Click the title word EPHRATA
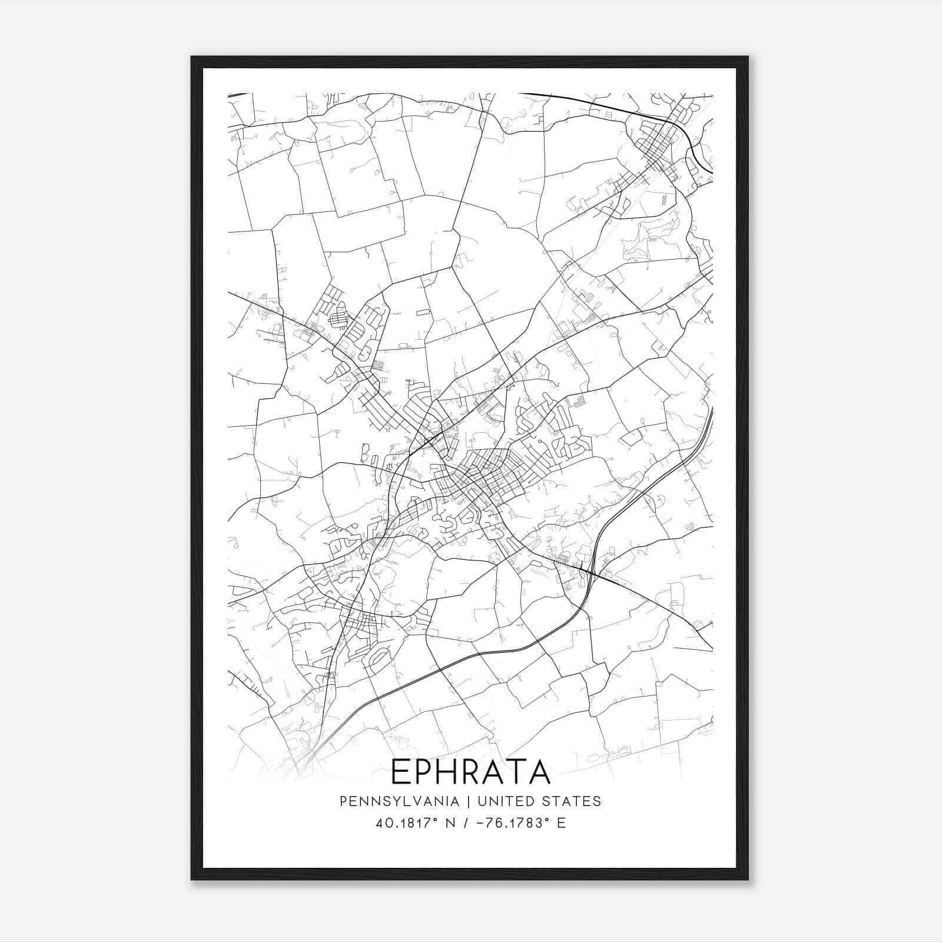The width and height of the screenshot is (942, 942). tap(470, 772)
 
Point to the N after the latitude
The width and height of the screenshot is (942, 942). tap(451, 823)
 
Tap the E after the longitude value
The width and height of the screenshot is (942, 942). tap(561, 823)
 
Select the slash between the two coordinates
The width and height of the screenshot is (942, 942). tap(466, 823)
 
